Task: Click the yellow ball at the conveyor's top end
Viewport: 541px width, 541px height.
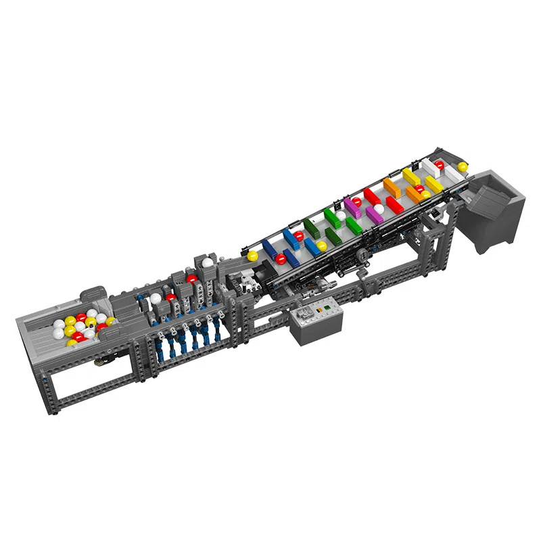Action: click(463, 166)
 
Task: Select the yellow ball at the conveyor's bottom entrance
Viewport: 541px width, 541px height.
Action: click(252, 256)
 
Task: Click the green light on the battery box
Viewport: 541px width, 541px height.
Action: click(326, 310)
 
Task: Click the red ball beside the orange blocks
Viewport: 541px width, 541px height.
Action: click(419, 189)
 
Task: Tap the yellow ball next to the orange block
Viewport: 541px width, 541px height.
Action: click(425, 194)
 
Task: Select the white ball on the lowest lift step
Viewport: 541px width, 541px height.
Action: click(156, 298)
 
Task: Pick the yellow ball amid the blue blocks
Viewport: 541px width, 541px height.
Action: click(322, 245)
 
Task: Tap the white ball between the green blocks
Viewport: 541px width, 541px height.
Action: click(341, 216)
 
